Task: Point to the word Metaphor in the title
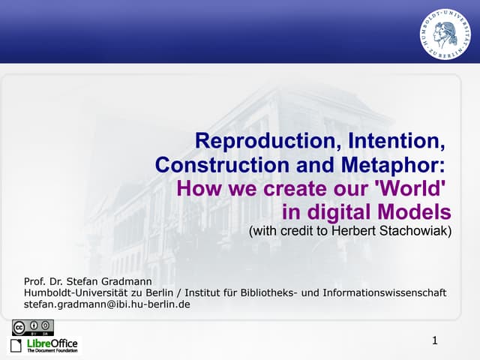[391, 163]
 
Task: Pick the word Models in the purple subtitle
[416, 210]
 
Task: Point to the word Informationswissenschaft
[385, 292]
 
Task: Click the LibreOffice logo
[43, 345]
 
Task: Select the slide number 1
[435, 341]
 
